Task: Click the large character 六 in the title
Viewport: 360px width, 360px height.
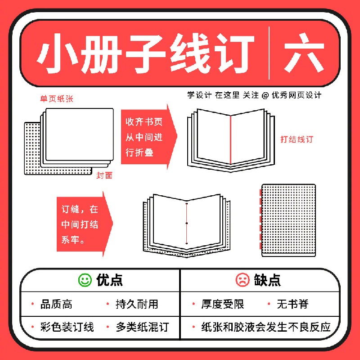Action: [304, 53]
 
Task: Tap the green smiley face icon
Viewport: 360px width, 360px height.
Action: [85, 280]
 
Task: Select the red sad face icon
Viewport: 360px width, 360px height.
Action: [243, 280]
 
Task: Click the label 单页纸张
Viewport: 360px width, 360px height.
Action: [57, 99]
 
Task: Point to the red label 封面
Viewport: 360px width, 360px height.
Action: [104, 175]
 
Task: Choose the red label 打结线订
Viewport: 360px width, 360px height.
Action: [297, 139]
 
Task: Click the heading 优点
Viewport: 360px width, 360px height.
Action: [109, 280]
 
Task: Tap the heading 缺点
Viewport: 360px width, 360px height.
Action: [267, 280]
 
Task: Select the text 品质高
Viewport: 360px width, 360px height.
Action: [57, 304]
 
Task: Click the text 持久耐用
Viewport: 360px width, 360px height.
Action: [137, 304]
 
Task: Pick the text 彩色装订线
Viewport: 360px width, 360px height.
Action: [67, 327]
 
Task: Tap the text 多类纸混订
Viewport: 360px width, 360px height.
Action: [142, 327]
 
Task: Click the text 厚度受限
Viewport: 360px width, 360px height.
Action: [222, 304]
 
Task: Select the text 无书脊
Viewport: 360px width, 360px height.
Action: [292, 304]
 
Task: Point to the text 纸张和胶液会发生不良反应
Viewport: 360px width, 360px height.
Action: [266, 327]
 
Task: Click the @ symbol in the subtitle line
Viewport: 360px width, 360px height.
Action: [265, 95]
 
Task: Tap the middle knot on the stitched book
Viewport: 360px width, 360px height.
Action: [187, 223]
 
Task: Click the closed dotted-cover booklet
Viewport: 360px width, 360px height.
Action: [288, 220]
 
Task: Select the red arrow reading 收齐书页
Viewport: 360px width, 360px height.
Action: [149, 137]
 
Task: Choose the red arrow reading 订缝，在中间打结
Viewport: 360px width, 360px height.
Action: [85, 224]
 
